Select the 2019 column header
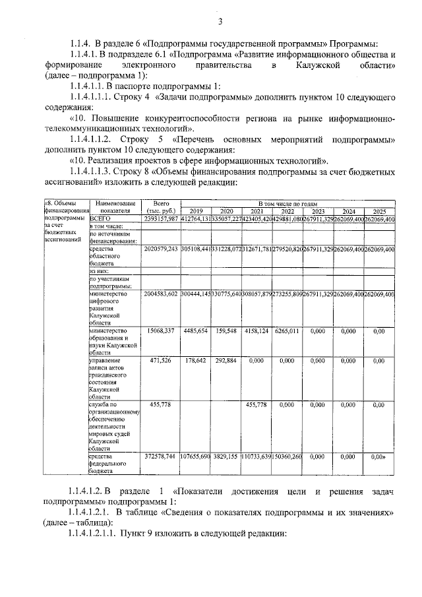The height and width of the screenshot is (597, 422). click(195, 211)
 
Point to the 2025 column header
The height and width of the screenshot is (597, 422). click(378, 211)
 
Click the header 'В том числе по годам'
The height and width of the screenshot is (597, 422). click(287, 204)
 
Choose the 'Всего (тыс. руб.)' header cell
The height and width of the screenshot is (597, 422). click(162, 208)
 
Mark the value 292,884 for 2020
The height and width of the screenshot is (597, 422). click(226, 361)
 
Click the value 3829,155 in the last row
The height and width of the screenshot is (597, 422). click(226, 456)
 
